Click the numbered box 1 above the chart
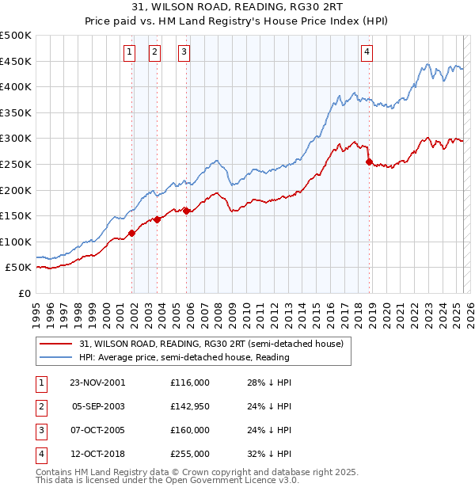pyautogui.click(x=129, y=53)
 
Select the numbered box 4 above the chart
pyautogui.click(x=367, y=53)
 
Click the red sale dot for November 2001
pyautogui.click(x=132, y=233)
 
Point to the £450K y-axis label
pyautogui.click(x=16, y=61)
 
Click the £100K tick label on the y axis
pyautogui.click(x=16, y=242)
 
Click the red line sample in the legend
pyautogui.click(x=55, y=344)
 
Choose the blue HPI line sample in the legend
pyautogui.click(x=55, y=357)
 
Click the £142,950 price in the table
pyautogui.click(x=190, y=406)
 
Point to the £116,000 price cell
pyautogui.click(x=190, y=383)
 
